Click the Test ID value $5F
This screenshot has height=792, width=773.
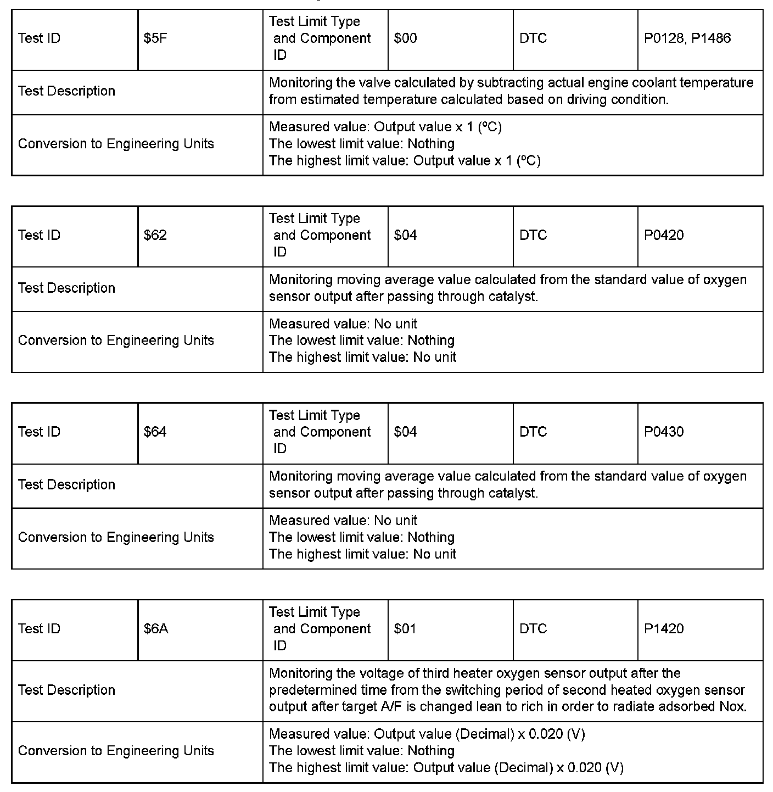pos(155,38)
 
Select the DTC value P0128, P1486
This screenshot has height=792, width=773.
pos(687,38)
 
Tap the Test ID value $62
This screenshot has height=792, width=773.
pos(155,236)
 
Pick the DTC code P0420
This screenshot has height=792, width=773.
pos(664,236)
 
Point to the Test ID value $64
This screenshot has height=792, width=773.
pos(155,432)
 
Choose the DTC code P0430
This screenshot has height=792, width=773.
pos(664,432)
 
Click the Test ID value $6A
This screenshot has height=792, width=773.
pos(156,629)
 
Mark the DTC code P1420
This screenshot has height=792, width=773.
pos(664,629)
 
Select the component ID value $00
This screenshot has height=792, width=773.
pos(405,38)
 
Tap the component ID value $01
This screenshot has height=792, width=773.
pos(405,629)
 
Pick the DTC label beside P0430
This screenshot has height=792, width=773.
pos(533,432)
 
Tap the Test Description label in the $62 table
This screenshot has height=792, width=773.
pos(66,288)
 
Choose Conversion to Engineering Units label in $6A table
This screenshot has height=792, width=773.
pos(116,751)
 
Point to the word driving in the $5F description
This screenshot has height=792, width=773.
pos(590,100)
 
